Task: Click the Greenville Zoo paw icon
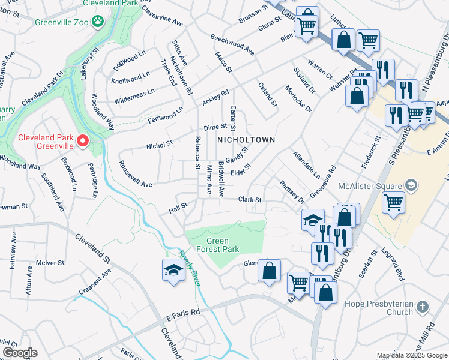[98, 23]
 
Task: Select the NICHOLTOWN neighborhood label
[246, 140]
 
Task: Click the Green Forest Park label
[219, 245]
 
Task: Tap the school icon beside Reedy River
[173, 271]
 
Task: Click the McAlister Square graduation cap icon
[411, 184]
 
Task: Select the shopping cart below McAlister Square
[393, 203]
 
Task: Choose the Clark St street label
[251, 199]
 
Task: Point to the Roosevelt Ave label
[135, 175]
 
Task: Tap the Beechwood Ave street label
[232, 45]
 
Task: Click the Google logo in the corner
[19, 353]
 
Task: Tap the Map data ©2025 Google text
[411, 355]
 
